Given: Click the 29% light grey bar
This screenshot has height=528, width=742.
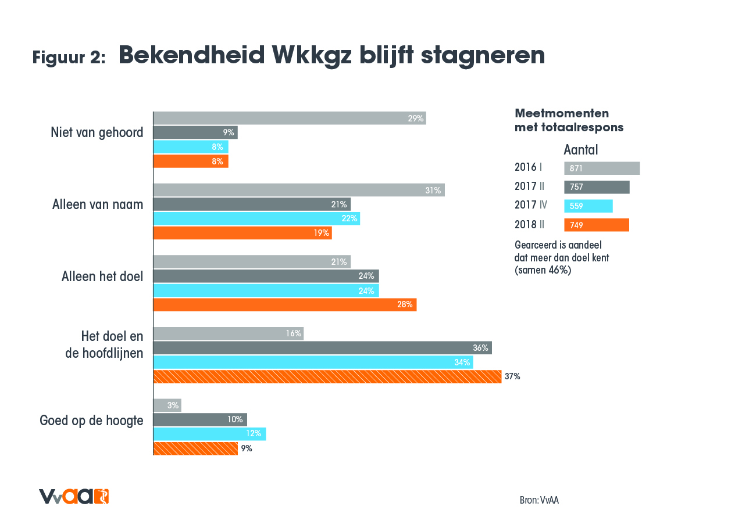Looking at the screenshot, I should (289, 118).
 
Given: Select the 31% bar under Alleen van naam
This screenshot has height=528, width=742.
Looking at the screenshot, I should (298, 190).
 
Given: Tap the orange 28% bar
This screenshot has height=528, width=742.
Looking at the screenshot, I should (284, 304).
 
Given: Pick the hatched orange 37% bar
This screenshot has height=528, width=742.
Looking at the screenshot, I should (327, 376).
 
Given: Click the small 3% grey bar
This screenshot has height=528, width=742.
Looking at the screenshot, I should (167, 405).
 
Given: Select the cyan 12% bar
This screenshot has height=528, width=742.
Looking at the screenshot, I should (209, 433).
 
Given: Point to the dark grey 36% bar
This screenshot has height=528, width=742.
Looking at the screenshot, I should (322, 348).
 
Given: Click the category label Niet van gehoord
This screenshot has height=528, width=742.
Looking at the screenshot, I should (97, 132).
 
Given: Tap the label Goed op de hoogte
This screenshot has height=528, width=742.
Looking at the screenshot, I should (91, 421).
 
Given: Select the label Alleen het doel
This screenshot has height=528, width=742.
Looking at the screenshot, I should (102, 276).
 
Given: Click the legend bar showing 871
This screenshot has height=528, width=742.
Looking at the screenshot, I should (601, 168).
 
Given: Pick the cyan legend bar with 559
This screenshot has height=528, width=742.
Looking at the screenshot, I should (588, 206).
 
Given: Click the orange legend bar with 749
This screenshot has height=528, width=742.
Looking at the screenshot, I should (596, 225).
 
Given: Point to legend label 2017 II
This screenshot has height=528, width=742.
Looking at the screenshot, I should (529, 186).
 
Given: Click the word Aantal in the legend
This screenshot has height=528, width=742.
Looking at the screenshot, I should (580, 150).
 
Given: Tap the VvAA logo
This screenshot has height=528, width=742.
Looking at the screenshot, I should (74, 497).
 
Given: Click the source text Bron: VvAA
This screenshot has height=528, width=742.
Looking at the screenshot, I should (539, 500).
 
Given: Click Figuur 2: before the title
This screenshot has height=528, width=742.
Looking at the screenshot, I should (69, 58).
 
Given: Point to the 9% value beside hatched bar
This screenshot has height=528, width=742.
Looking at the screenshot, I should (246, 448).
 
